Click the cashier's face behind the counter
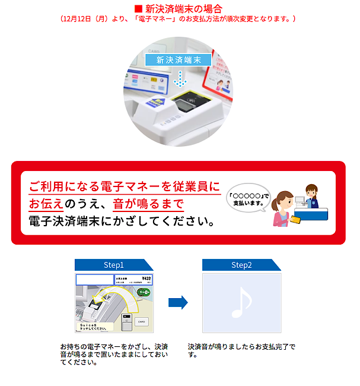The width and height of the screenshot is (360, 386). tap(310, 193)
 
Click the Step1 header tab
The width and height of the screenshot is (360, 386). tap(113, 265)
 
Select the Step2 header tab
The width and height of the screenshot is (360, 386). tap(241, 265)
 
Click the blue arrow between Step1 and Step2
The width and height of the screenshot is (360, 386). tap(178, 303)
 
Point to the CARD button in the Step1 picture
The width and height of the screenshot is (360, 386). tap(141, 321)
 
